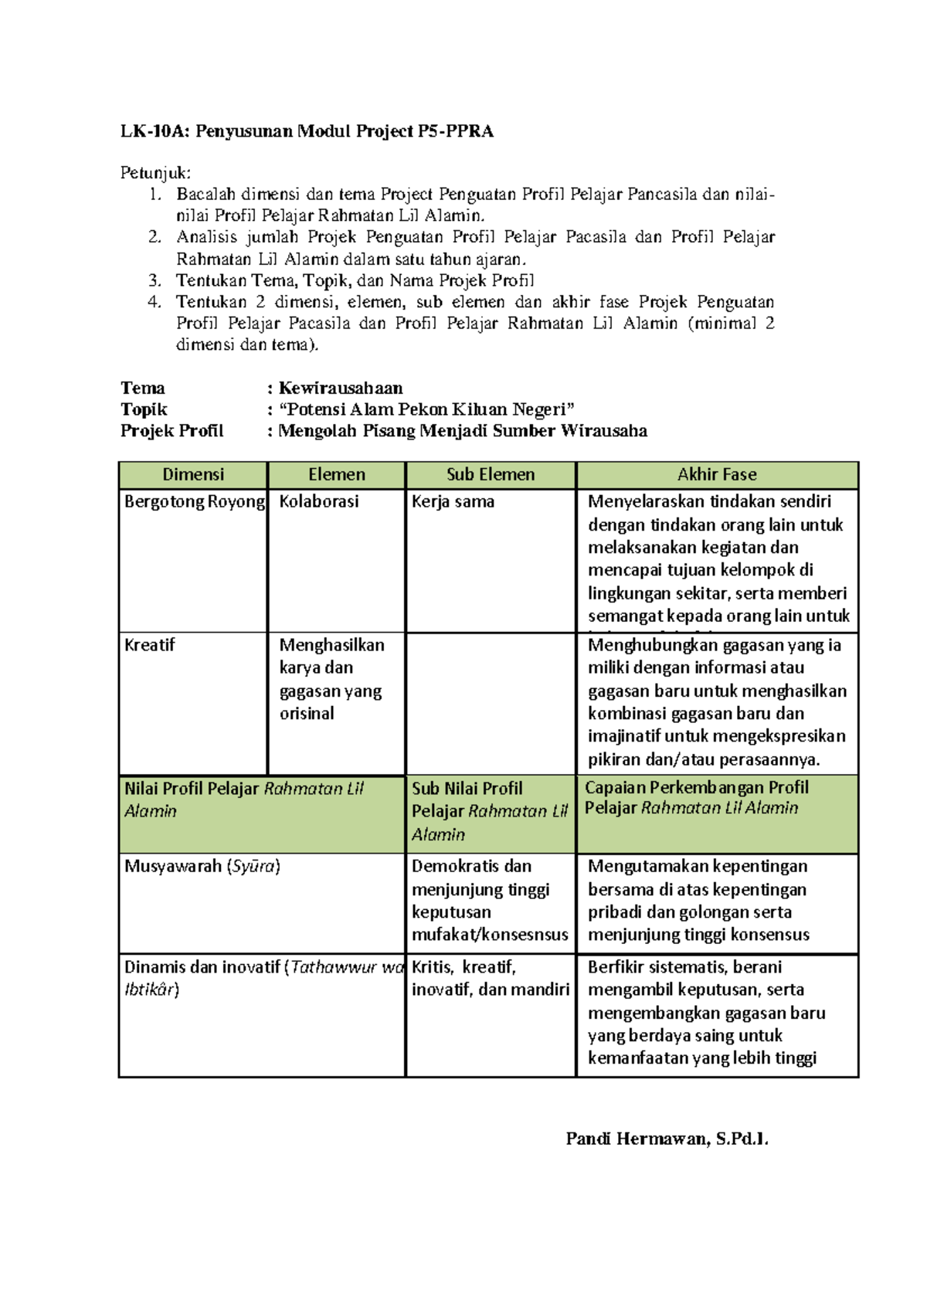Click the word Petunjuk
coord(154,173)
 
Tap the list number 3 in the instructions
coord(154,280)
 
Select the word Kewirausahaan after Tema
coord(341,388)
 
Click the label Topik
coord(144,409)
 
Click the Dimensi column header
coord(193,474)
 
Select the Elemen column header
coord(336,474)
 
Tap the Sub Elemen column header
coord(491,474)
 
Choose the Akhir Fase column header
coord(717,474)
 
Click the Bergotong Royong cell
coord(194,502)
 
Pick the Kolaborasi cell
coord(319,502)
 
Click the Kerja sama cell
coord(453,502)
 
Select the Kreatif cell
coord(150,645)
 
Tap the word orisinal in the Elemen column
coord(307,714)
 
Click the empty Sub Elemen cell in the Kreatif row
coord(491,703)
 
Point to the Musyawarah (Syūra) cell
coord(202,867)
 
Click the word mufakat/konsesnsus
coord(490,935)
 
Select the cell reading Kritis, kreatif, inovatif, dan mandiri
coord(490,978)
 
